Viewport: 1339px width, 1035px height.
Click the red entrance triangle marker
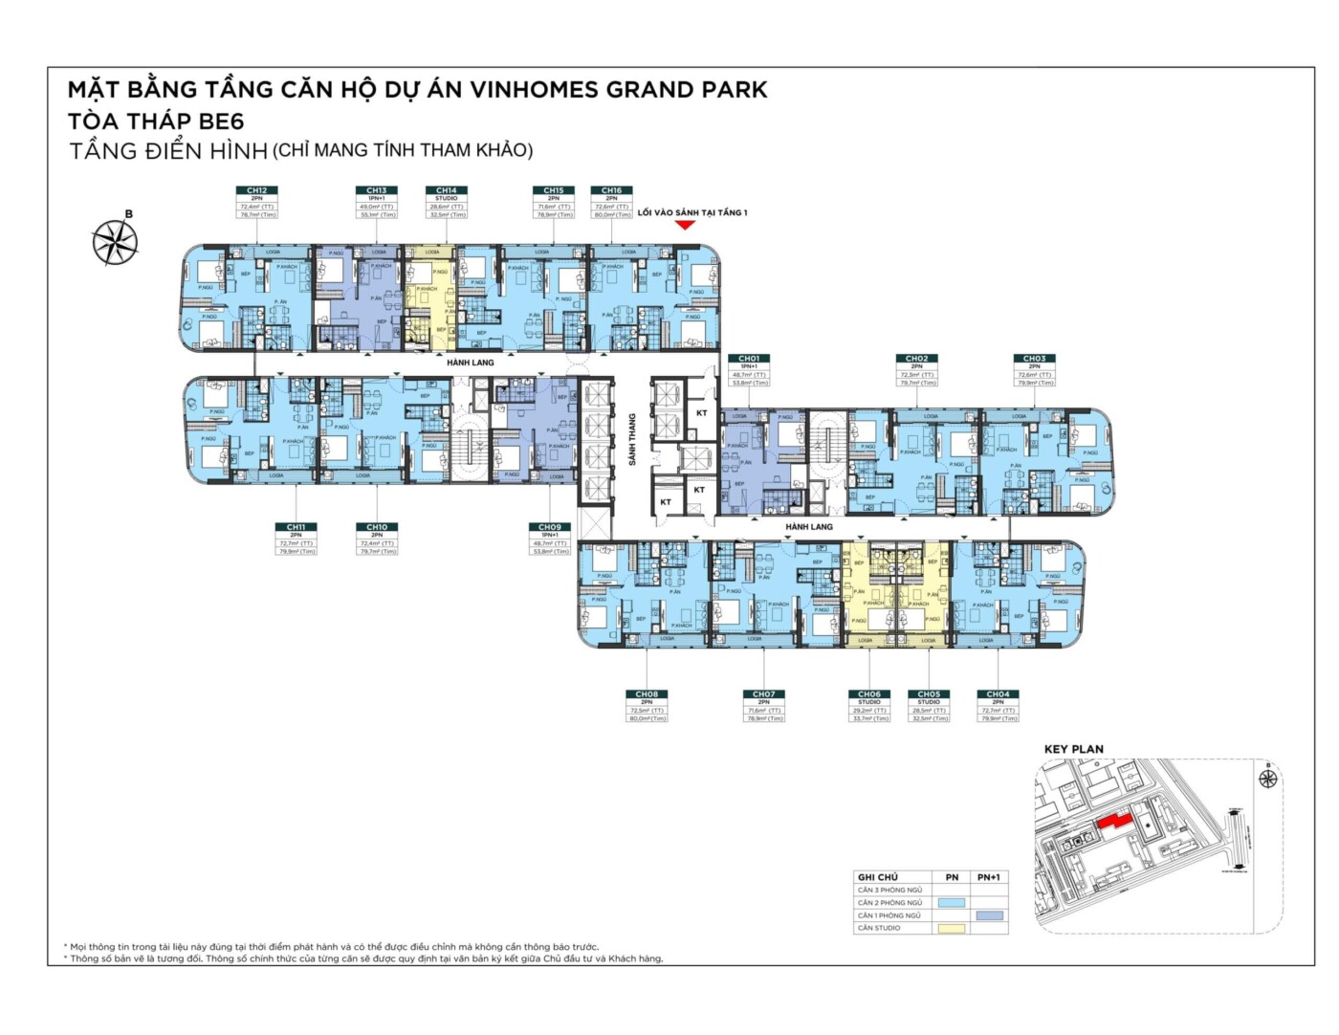click(x=685, y=225)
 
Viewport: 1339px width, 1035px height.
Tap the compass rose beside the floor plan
click(x=115, y=242)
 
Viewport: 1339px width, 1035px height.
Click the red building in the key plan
click(x=1114, y=822)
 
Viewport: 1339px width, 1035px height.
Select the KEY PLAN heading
click(x=1073, y=749)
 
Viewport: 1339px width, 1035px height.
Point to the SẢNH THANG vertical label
click(x=632, y=439)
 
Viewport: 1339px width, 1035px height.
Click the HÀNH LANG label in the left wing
click(x=471, y=363)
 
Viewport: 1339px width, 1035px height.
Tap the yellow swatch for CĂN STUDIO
click(x=952, y=928)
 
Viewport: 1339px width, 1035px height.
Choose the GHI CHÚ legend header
click(x=877, y=877)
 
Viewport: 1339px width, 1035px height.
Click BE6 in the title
click(x=221, y=121)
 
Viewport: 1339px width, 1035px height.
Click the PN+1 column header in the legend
click(x=989, y=877)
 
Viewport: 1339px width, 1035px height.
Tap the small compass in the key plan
click(x=1268, y=778)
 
